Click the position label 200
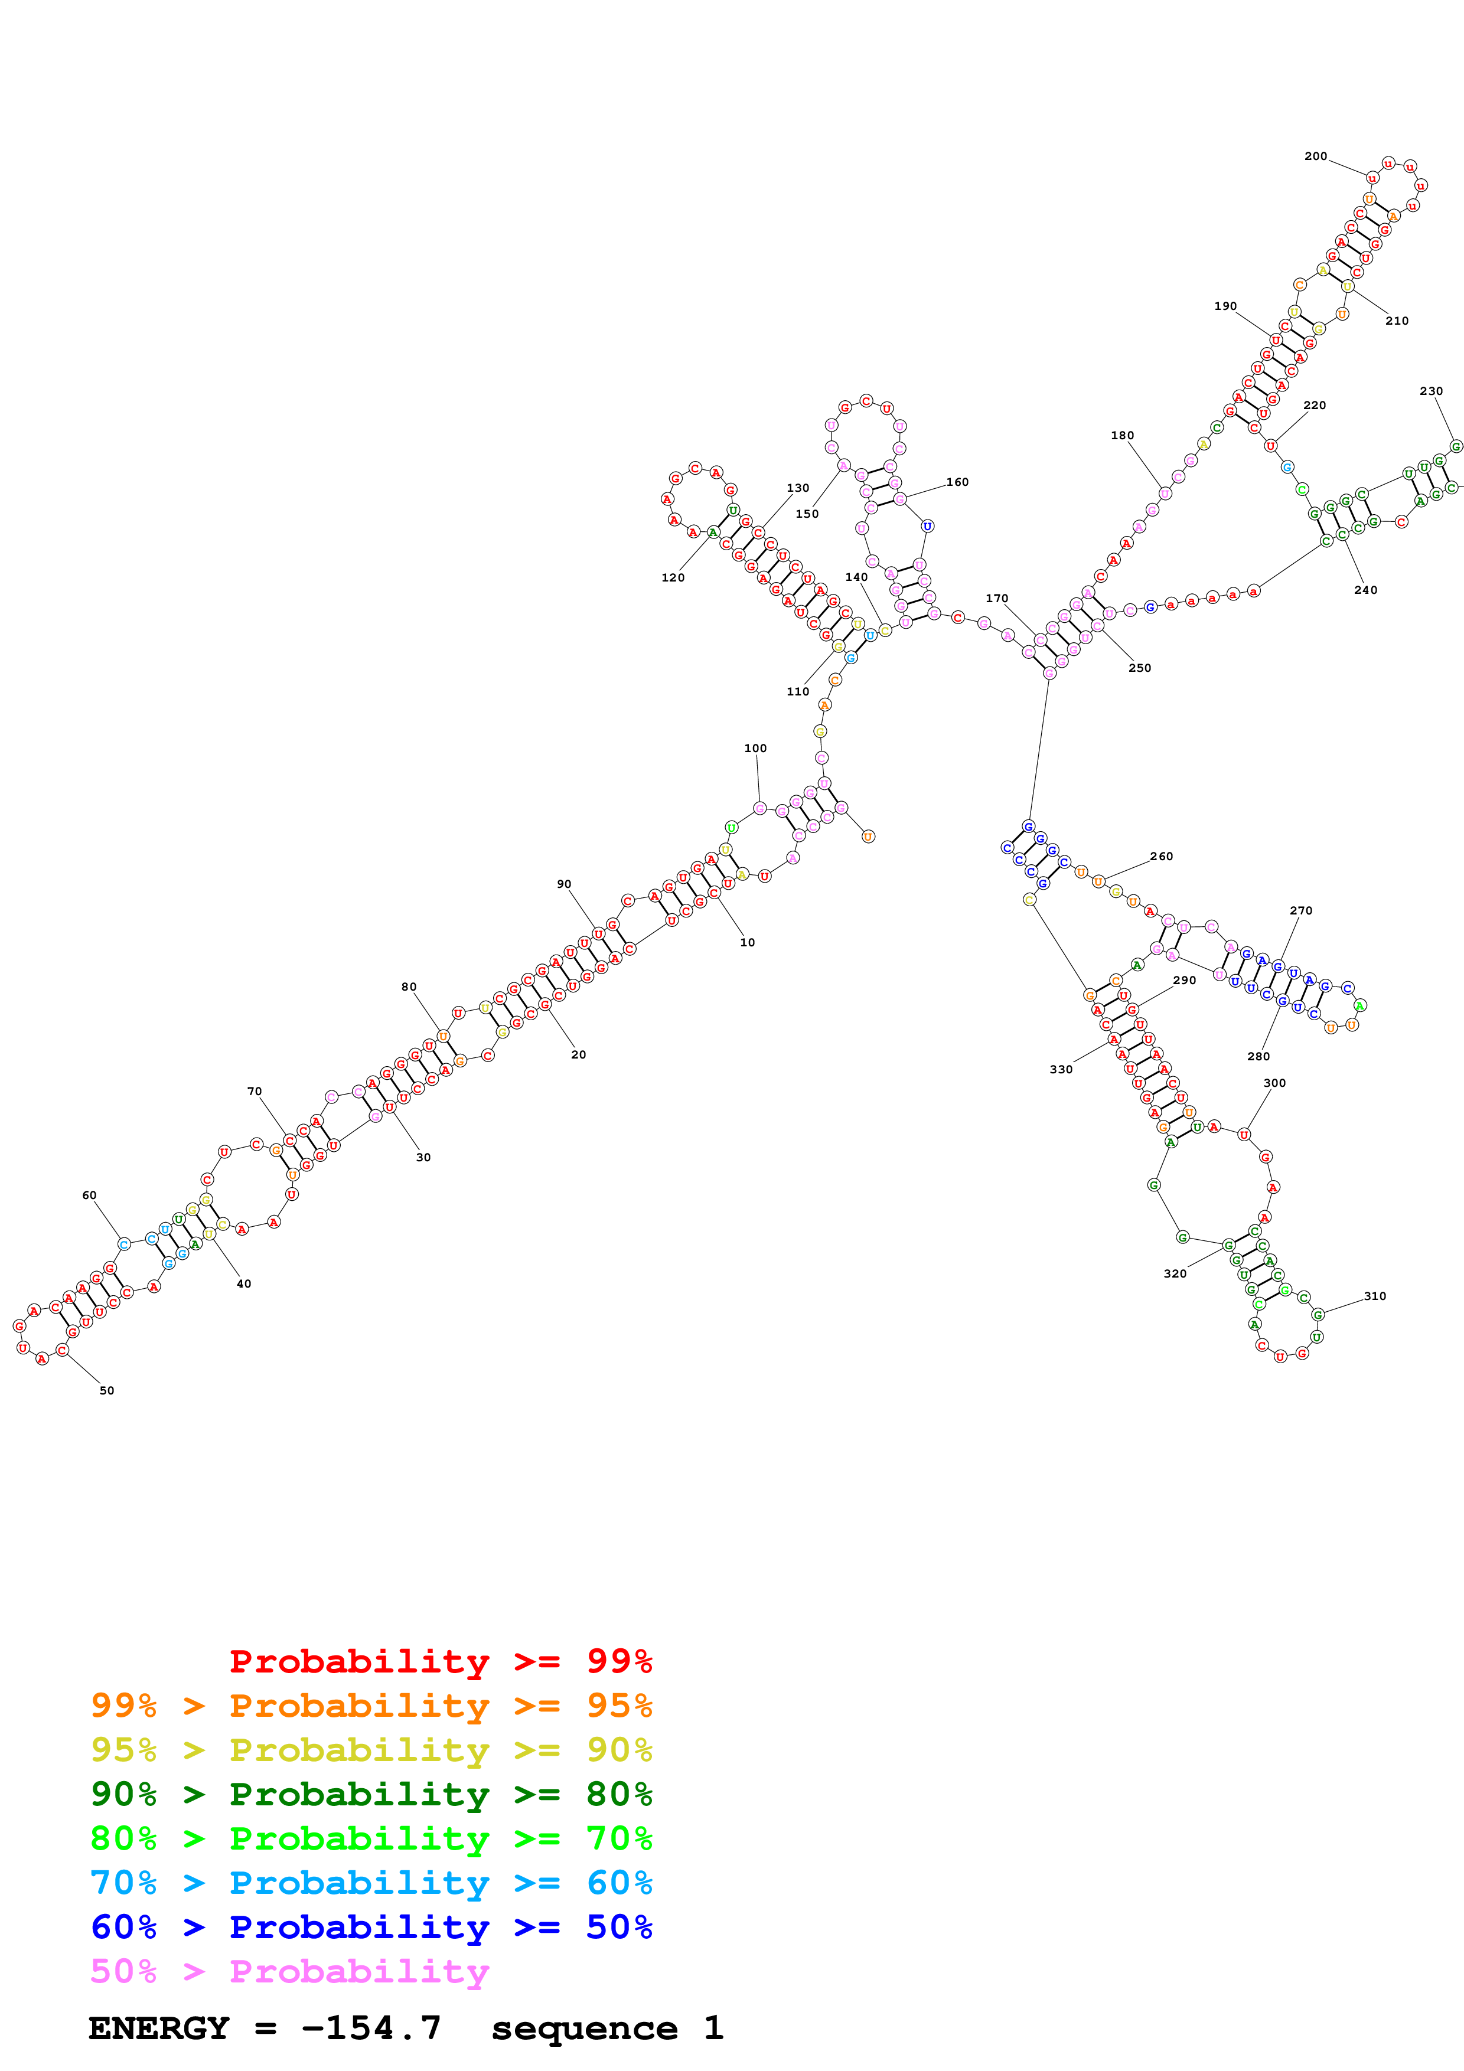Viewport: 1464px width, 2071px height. tap(1315, 156)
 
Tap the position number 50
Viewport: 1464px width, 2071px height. tap(106, 1390)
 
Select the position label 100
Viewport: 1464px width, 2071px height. tap(755, 748)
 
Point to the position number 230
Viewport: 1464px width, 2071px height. tap(1430, 391)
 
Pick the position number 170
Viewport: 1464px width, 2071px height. tap(997, 598)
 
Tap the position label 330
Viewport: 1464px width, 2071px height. tap(1061, 1069)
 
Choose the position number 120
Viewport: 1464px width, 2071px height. tap(673, 577)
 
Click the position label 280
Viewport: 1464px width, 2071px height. tap(1258, 1056)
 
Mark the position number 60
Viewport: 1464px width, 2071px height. tap(89, 1195)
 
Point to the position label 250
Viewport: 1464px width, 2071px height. tap(1139, 668)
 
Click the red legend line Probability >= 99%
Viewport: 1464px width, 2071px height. tap(440, 1661)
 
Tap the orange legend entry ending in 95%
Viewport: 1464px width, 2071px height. tap(371, 1706)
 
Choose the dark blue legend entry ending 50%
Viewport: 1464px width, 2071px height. tap(371, 1927)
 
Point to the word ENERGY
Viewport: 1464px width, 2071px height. tap(159, 2028)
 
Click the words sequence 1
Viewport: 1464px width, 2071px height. tap(606, 2028)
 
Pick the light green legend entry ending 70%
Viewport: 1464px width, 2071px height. tap(371, 1838)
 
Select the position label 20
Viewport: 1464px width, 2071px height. tap(578, 1054)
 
